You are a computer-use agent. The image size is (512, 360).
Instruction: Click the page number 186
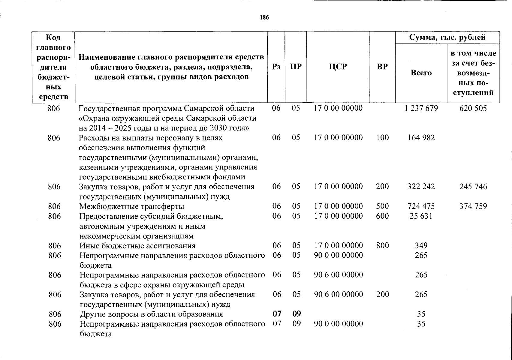point(264,17)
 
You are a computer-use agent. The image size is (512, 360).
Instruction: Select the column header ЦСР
point(338,67)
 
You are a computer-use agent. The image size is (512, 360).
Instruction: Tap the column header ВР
point(382,67)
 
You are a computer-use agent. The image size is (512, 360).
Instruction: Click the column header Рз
point(276,67)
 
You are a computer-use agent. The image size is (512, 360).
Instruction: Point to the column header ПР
point(296,67)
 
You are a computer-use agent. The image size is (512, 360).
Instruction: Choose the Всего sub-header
point(421,73)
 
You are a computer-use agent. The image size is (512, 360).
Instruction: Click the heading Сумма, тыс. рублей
point(447,37)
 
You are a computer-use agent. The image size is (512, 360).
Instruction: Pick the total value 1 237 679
point(421,108)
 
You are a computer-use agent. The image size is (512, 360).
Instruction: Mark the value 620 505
point(473,108)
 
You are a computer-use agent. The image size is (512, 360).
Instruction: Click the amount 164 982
point(421,138)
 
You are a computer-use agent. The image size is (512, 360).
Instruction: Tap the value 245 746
point(473,187)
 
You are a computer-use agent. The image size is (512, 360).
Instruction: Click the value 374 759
point(473,206)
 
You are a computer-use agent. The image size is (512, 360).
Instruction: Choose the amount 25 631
point(421,216)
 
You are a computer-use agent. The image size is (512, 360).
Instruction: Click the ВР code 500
point(382,206)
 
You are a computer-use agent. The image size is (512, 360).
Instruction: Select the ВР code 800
point(382,245)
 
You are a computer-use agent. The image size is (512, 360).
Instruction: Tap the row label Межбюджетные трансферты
point(131,206)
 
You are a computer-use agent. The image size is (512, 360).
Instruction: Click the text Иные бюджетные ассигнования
point(137,246)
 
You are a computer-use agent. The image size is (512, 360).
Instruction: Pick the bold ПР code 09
point(297,314)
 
